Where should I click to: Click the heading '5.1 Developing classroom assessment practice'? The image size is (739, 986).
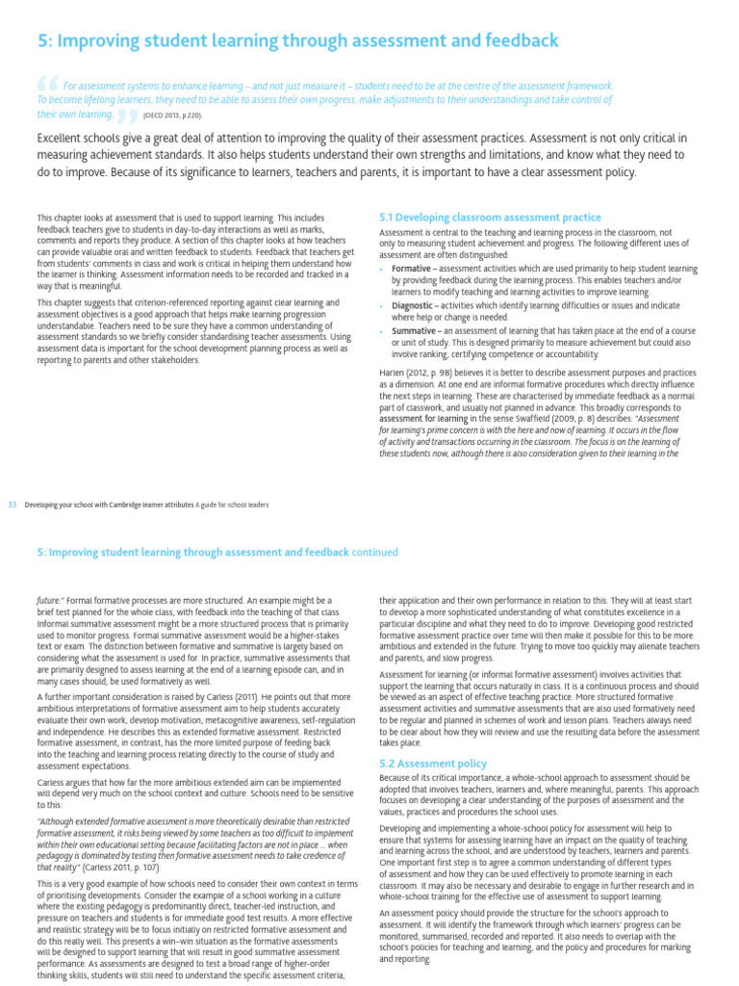491,218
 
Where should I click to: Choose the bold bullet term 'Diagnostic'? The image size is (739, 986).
413,304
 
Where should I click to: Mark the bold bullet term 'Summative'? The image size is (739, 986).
414,329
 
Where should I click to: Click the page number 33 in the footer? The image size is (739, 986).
13,503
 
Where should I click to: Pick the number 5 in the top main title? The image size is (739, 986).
42,40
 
